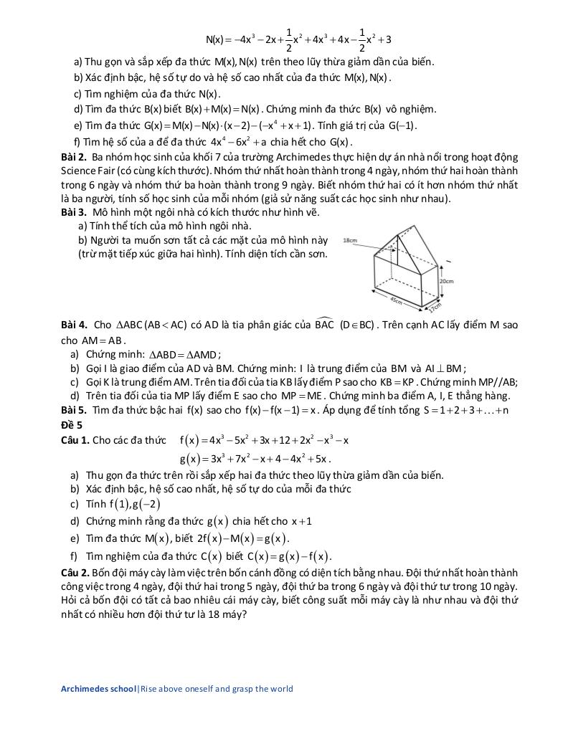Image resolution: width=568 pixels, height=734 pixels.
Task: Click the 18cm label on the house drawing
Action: [351, 240]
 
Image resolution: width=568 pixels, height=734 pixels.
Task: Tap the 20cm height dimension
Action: [447, 281]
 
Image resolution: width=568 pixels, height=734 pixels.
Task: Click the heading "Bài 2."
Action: [74, 157]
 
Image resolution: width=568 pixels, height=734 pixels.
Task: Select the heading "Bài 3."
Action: [74, 213]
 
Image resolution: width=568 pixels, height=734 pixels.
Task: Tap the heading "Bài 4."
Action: [74, 325]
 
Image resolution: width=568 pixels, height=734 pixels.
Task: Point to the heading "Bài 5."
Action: [74, 410]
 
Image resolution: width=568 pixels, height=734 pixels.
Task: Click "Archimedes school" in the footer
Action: [98, 689]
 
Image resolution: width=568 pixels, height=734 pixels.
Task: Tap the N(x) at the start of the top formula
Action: [215, 39]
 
